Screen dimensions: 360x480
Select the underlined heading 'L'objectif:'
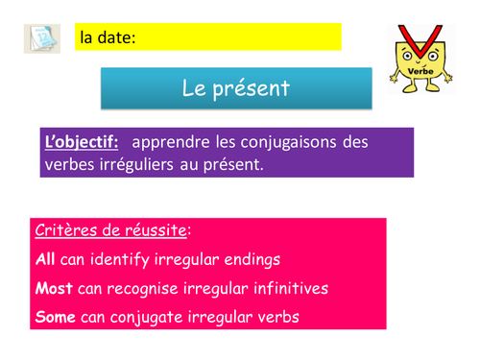click(82, 142)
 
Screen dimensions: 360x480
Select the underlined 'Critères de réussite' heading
click(111, 231)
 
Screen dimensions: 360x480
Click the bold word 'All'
click(45, 259)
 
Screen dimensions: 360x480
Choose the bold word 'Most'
click(54, 288)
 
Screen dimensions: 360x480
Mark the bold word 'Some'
click(56, 317)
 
